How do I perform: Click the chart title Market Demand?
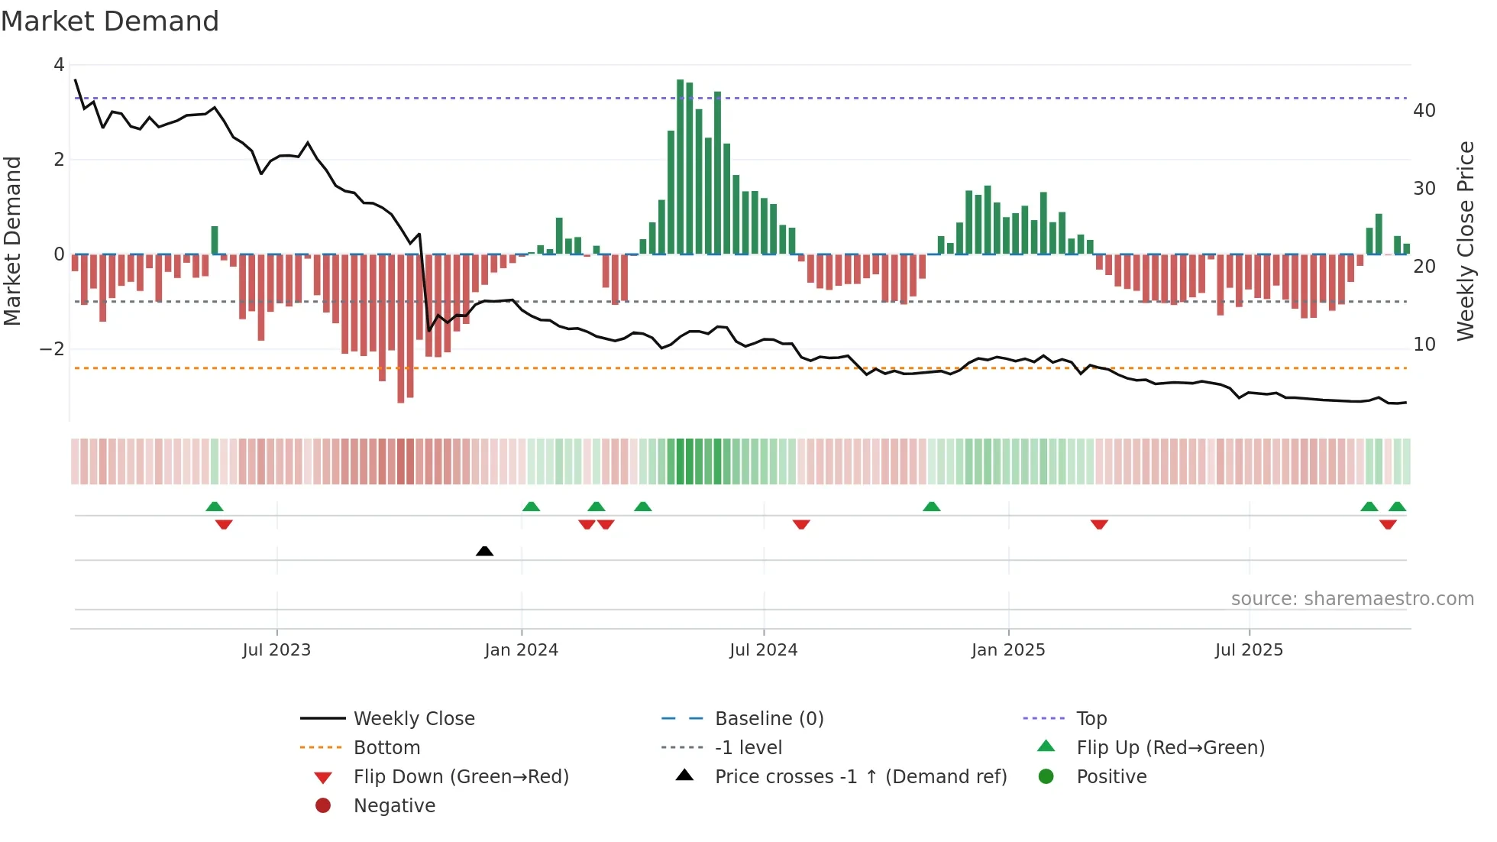pos(110,21)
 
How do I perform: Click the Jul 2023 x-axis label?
pos(276,650)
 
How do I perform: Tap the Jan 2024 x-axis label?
pos(522,650)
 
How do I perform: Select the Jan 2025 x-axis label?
pos(1008,650)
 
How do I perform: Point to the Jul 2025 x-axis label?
pos(1249,650)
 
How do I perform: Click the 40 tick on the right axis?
pos(1424,111)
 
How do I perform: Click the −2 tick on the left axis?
pos(53,349)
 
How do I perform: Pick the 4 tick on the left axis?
pos(59,65)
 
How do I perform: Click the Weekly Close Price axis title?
pos(1465,241)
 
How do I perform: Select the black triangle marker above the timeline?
pos(484,551)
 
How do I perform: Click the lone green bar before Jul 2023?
pos(215,240)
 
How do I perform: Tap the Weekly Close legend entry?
pos(413,718)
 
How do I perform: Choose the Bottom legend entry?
pos(386,747)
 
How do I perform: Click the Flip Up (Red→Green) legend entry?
pos(1170,747)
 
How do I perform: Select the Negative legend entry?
pos(394,805)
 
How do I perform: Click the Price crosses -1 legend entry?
pos(860,776)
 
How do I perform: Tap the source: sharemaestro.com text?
pos(1352,598)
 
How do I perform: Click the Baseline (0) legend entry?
pos(768,718)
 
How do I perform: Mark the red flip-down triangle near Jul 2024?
pos(801,524)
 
